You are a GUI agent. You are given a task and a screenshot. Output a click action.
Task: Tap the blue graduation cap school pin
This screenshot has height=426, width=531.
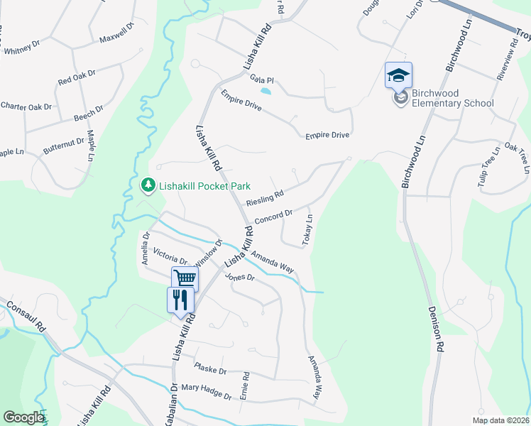(x=399, y=75)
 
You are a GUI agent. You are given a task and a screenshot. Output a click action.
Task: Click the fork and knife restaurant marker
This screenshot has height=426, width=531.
(x=180, y=299)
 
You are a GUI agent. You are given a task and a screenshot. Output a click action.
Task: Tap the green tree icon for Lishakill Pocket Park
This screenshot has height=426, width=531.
(x=148, y=185)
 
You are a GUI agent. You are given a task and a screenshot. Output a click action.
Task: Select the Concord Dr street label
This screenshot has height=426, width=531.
(x=273, y=216)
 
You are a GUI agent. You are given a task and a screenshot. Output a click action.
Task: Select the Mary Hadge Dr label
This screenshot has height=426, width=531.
(x=206, y=391)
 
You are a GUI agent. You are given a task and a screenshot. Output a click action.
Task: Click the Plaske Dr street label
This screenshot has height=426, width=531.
(x=210, y=368)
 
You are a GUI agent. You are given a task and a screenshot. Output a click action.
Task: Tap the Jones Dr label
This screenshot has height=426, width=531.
(x=239, y=277)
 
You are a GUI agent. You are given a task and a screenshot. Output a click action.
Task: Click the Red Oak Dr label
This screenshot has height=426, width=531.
(x=77, y=77)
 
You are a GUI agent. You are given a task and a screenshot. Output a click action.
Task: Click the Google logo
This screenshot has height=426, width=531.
(x=23, y=417)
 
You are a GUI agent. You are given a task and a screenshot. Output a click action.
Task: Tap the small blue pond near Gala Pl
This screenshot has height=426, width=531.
(x=265, y=91)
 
